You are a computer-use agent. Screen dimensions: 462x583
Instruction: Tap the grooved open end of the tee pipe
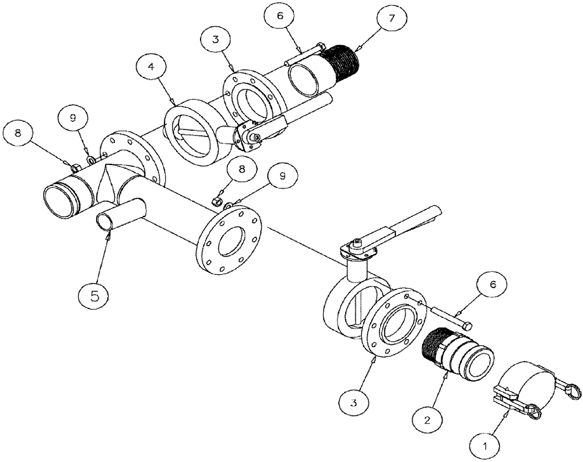pyautogui.click(x=61, y=200)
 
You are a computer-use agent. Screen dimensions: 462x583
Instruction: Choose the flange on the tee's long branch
pyautogui.click(x=229, y=241)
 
